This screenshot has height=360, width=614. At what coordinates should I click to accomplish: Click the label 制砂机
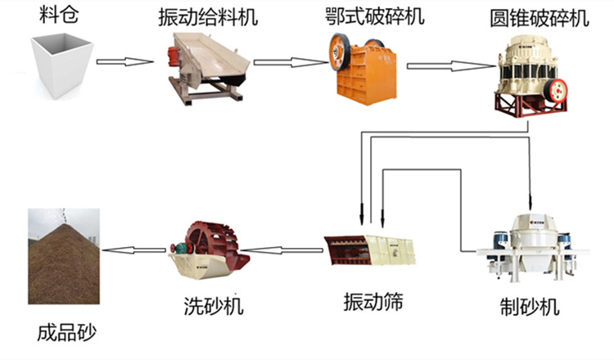[x=529, y=308]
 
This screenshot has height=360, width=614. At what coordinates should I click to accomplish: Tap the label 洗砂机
[x=214, y=307]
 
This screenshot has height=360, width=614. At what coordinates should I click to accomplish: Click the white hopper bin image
[x=58, y=65]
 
